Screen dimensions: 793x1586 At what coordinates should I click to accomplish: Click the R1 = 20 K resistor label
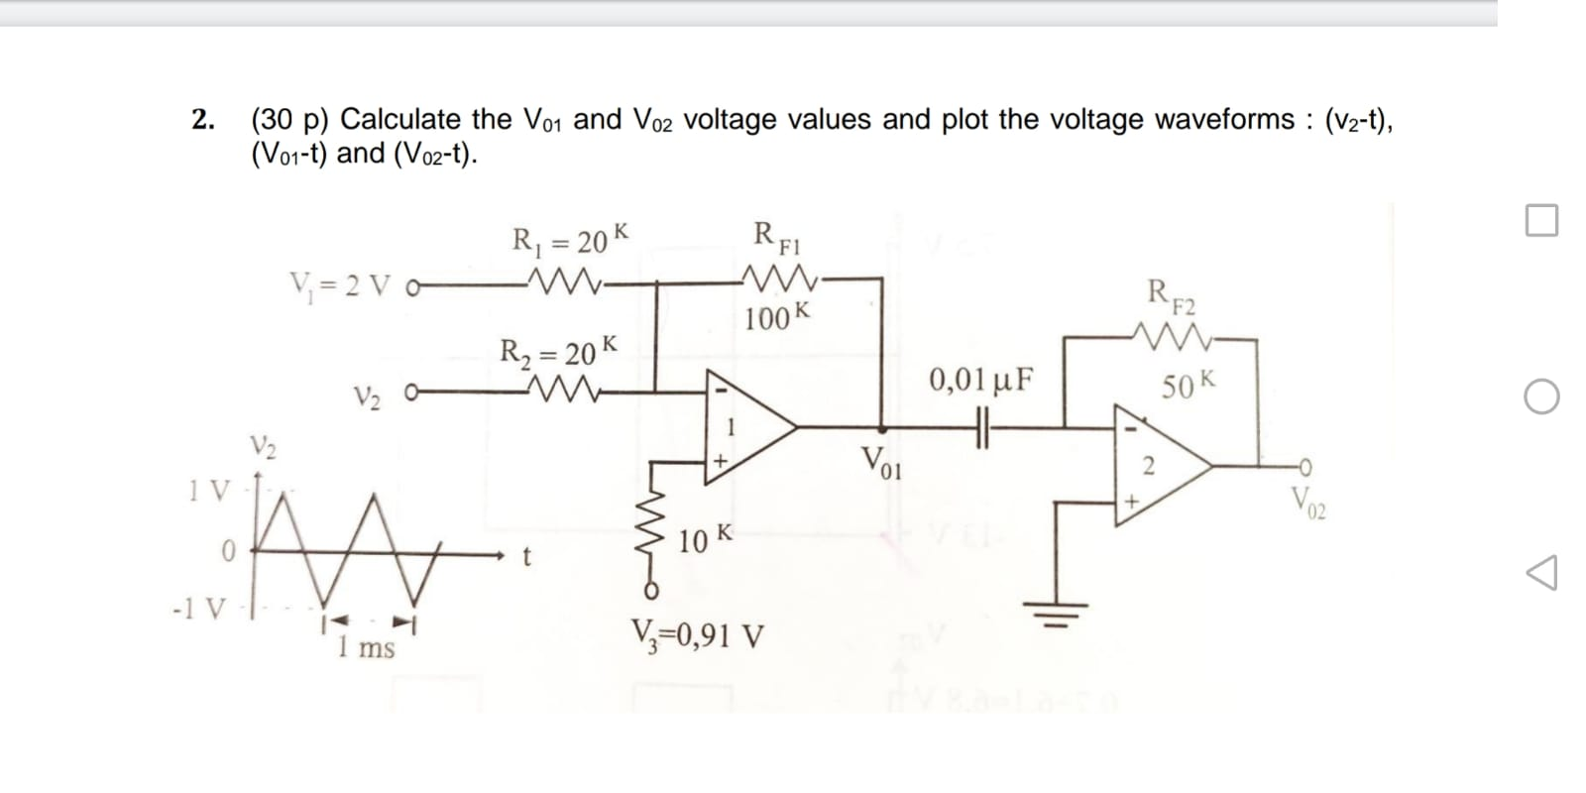point(569,240)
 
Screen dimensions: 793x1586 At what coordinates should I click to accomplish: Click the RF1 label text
point(778,238)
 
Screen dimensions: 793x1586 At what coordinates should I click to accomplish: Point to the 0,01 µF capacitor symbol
point(982,428)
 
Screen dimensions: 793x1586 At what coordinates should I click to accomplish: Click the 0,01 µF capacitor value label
point(981,380)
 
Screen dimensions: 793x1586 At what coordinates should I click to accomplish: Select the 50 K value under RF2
point(1187,385)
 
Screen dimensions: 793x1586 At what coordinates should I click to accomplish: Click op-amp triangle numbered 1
point(743,427)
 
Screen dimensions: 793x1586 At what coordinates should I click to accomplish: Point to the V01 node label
point(880,463)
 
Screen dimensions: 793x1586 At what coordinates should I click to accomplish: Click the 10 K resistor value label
point(706,539)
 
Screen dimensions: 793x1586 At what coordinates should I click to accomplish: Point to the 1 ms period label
point(365,649)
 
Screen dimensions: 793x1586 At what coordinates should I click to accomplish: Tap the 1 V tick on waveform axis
point(209,489)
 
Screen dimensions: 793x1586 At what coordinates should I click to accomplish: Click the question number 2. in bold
point(203,120)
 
